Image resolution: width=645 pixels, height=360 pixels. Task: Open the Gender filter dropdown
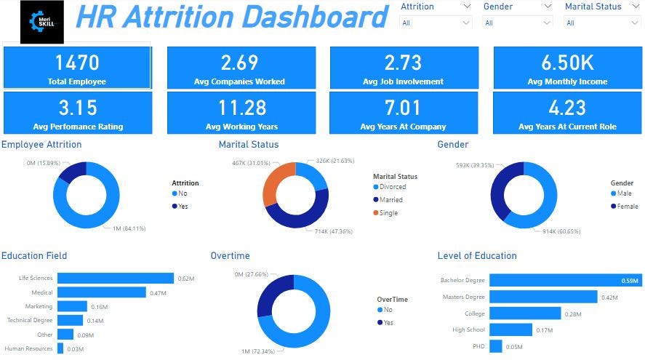[517, 23]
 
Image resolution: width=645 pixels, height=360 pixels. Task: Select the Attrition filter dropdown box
[436, 23]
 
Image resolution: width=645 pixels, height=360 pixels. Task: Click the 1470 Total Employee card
[77, 68]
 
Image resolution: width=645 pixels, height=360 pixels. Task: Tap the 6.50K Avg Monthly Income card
[567, 68]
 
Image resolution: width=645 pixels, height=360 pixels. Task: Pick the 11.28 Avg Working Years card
[241, 113]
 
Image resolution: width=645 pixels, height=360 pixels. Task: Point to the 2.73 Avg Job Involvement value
[404, 63]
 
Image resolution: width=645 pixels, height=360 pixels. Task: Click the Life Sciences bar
[116, 278]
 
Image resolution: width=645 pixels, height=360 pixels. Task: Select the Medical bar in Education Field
[102, 292]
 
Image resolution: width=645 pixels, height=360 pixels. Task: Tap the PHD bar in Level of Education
[496, 346]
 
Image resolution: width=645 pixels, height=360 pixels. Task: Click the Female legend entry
[625, 207]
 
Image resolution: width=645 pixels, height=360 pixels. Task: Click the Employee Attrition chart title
[41, 145]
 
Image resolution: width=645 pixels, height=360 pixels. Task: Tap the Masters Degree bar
[543, 297]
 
